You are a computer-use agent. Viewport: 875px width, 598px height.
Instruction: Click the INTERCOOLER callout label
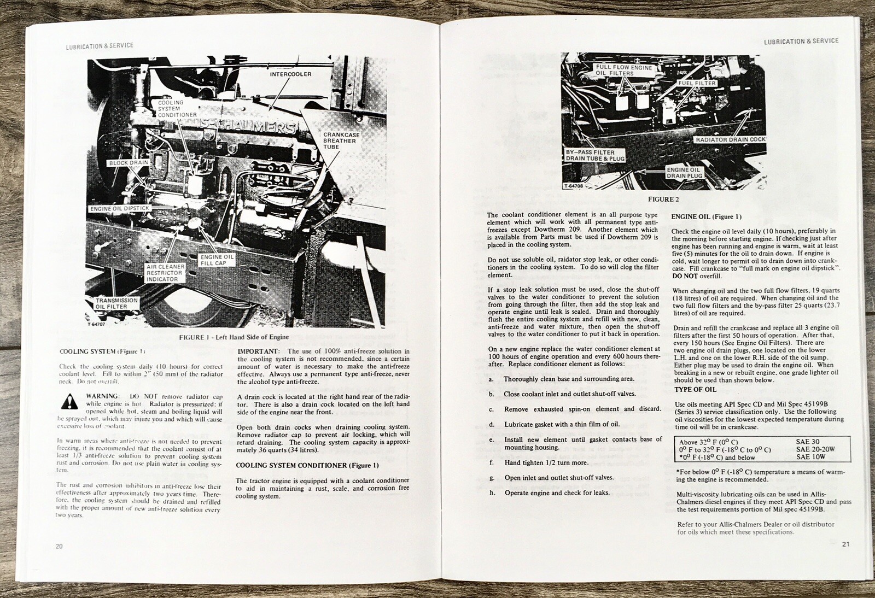click(x=290, y=74)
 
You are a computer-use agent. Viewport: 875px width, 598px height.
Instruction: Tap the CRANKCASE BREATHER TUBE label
click(x=339, y=140)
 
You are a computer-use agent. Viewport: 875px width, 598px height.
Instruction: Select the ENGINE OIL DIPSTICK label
click(x=120, y=209)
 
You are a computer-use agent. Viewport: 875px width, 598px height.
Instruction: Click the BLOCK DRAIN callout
click(x=128, y=163)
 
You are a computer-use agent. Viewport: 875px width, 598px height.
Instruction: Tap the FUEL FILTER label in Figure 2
click(x=697, y=84)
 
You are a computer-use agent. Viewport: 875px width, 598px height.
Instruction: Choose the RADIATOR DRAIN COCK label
click(x=730, y=140)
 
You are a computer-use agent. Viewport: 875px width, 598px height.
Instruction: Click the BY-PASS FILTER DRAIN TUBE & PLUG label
click(x=595, y=155)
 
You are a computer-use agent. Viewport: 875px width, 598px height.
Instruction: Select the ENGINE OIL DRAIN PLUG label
click(x=684, y=173)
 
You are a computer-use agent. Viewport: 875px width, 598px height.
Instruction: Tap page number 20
click(x=59, y=546)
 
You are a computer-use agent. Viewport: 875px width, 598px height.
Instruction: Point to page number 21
click(x=845, y=544)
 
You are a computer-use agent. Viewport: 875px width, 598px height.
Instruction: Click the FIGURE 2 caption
click(x=663, y=200)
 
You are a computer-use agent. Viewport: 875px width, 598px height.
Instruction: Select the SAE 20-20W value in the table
click(x=815, y=450)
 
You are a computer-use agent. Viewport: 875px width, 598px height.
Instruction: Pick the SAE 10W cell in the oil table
click(x=810, y=457)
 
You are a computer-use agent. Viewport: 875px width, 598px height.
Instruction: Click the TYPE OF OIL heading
click(x=695, y=390)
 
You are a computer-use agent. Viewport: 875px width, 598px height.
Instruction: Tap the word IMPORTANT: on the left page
click(x=259, y=351)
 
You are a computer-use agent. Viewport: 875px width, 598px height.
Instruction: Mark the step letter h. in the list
click(x=492, y=493)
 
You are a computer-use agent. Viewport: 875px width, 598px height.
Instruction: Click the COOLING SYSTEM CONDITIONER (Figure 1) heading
click(x=307, y=465)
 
